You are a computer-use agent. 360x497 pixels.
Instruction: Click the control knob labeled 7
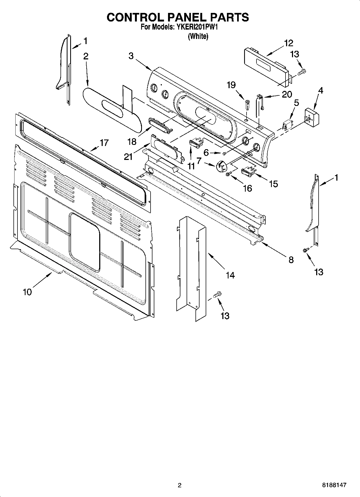[220, 167]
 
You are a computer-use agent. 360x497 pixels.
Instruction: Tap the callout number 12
[288, 43]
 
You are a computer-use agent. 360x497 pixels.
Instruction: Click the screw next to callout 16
[228, 174]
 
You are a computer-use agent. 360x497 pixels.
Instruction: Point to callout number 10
[27, 292]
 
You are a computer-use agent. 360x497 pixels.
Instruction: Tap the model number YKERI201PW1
[199, 27]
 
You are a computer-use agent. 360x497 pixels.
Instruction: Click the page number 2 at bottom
[180, 485]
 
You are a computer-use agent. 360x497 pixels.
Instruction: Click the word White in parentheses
[198, 36]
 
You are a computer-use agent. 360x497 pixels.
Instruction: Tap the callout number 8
[291, 260]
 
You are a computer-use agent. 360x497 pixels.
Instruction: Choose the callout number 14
[230, 275]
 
